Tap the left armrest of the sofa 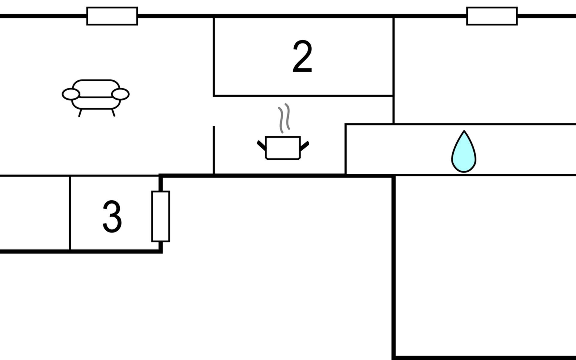71,94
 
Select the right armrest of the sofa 120,94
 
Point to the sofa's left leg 80,113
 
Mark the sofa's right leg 113,113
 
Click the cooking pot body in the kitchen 283,148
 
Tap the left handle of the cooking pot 261,145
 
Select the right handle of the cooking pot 304,146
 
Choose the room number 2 302,57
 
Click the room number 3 112,217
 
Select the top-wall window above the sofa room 112,16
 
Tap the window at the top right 492,16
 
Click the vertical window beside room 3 161,216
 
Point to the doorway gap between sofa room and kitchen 214,111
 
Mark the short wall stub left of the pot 214,150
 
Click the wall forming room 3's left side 70,213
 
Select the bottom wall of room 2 303,96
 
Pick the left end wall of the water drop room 346,149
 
